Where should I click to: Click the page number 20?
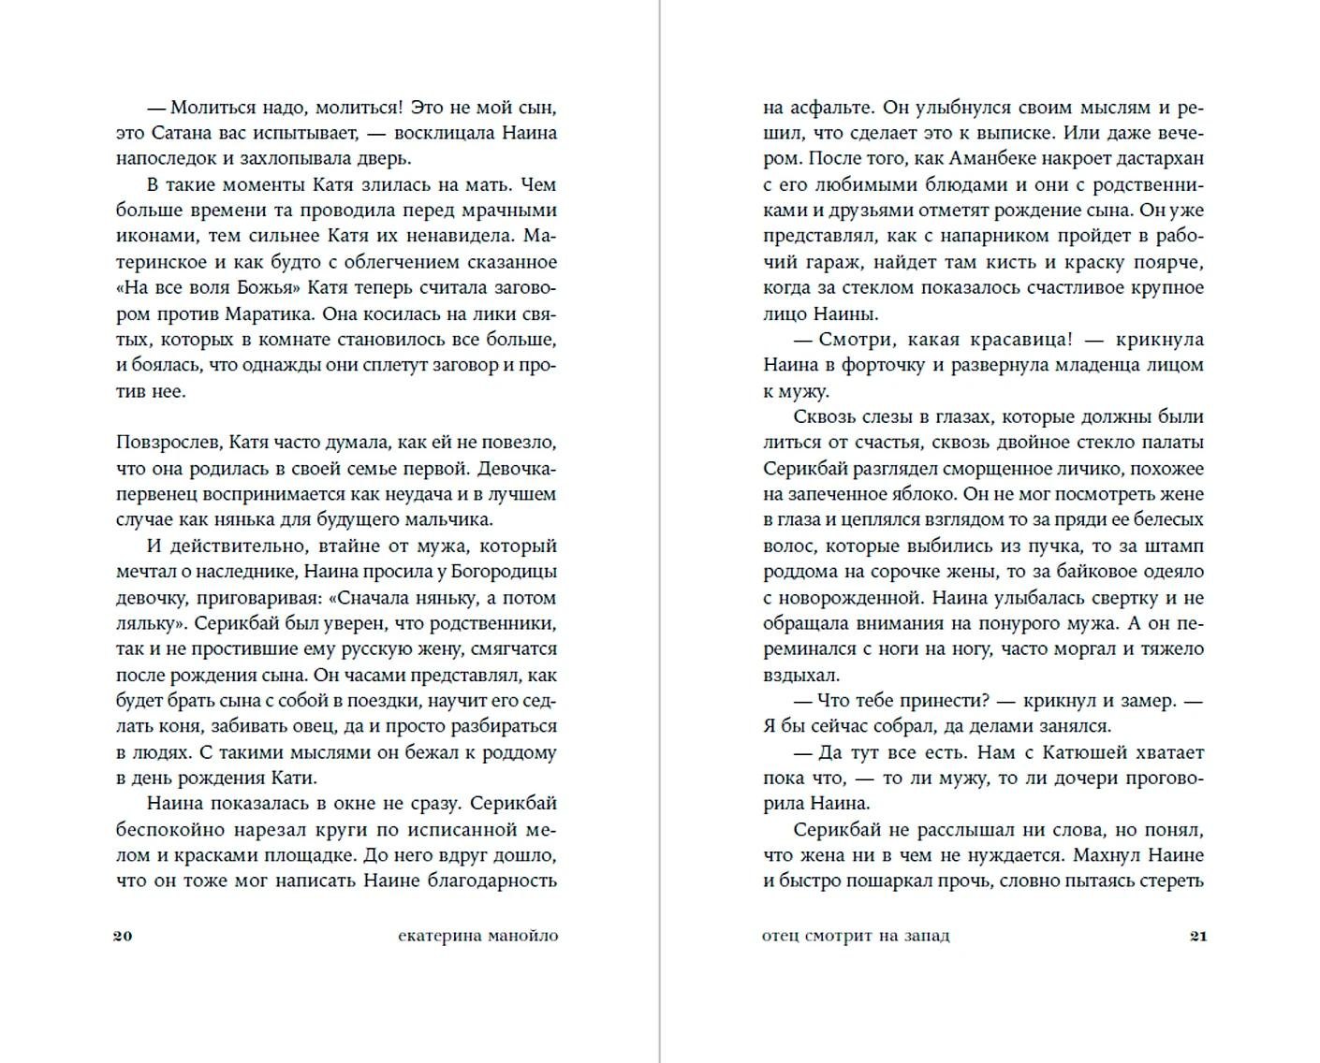[x=123, y=936]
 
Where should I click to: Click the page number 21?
[x=1198, y=936]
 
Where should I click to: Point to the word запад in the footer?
[x=923, y=936]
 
